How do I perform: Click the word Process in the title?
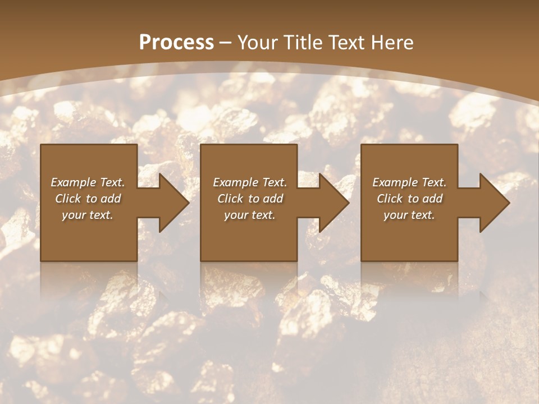176,43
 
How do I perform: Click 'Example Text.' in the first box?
88,182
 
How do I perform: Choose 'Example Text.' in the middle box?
250,182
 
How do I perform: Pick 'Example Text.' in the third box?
409,182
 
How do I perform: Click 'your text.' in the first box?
88,215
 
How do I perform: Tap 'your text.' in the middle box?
250,215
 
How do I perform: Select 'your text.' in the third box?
409,215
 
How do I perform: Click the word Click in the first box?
67,199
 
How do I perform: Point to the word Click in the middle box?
230,199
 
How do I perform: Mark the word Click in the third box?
390,199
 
